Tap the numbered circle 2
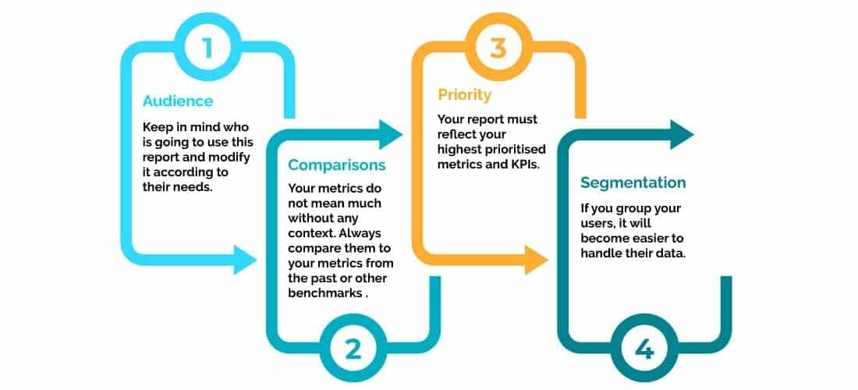pos(353,349)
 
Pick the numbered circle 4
pos(644,349)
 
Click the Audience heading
pos(178,101)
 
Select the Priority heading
pos(465,94)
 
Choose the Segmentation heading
pos(633,183)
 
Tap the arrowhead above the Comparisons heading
pos(390,134)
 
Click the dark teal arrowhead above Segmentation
pos(682,134)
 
